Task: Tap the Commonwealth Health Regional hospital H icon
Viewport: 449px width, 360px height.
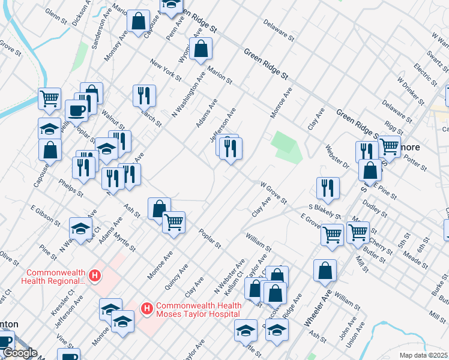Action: click(x=94, y=276)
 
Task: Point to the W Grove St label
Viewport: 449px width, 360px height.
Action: click(x=273, y=192)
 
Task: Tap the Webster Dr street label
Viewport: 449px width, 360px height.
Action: click(x=337, y=156)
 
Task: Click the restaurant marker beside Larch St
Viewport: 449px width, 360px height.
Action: click(x=144, y=95)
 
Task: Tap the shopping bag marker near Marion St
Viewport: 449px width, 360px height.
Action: click(x=201, y=48)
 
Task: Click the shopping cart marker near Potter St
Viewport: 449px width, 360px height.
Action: click(x=389, y=146)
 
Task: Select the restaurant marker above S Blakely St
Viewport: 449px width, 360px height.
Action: click(x=328, y=188)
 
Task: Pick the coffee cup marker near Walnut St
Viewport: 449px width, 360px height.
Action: click(x=76, y=110)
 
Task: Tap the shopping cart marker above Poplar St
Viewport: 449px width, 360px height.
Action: click(x=173, y=223)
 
